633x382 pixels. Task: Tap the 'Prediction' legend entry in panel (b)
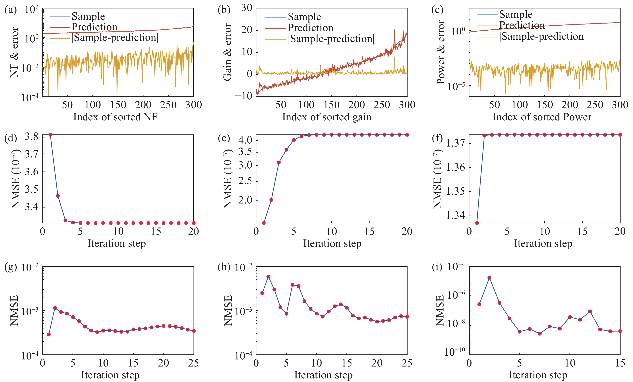coord(310,28)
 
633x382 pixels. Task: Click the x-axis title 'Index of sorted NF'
coord(115,117)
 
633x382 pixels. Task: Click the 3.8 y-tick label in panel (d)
coord(31,136)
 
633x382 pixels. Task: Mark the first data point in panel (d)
coord(50,135)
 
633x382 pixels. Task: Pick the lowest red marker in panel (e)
coord(264,223)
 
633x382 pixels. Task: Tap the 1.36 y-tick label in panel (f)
coord(455,167)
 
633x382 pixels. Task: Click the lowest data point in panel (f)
coord(477,223)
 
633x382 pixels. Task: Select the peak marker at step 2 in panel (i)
coord(489,278)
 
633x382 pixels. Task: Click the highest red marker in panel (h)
coord(268,277)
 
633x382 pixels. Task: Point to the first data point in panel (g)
coord(49,335)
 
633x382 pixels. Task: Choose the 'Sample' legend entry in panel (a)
coord(88,16)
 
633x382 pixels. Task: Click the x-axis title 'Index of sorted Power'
coord(542,117)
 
